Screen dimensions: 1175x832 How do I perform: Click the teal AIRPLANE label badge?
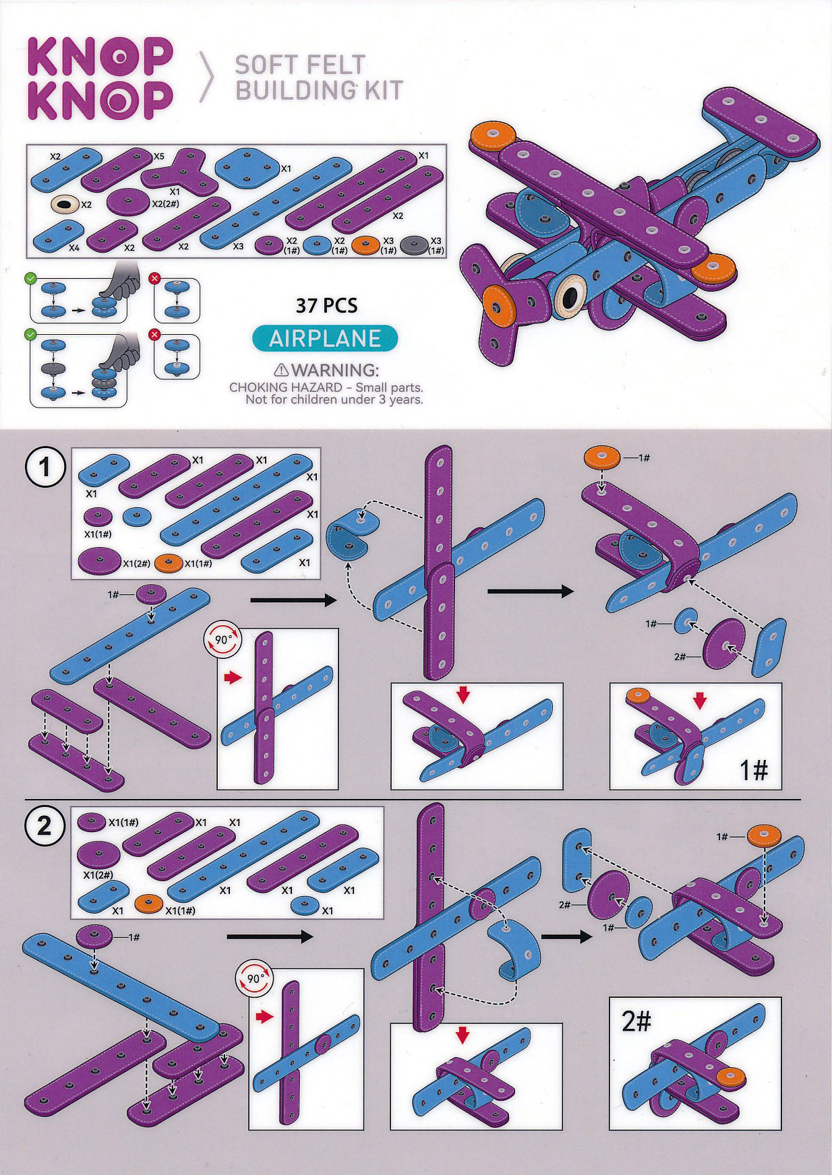(326, 338)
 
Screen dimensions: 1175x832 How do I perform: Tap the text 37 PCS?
(326, 306)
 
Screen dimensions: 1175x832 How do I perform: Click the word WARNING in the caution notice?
(335, 370)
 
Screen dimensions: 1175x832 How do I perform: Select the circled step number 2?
(44, 826)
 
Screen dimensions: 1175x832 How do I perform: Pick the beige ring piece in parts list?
(65, 203)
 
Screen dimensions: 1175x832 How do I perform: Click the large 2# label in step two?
(636, 1022)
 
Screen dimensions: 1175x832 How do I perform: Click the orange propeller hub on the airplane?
(502, 300)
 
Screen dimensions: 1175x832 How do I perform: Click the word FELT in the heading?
(333, 65)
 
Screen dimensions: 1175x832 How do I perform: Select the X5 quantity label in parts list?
(158, 156)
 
